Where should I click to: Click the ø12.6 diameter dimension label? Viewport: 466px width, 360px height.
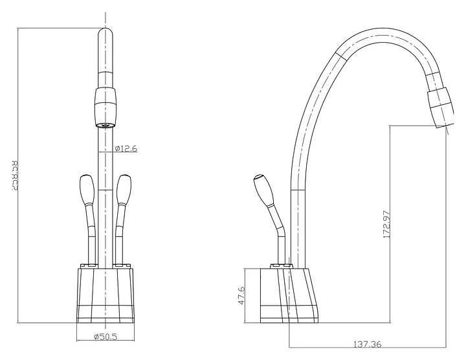click(126, 148)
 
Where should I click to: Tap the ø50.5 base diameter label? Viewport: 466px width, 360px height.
click(105, 336)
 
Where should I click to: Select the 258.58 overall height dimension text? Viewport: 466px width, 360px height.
click(15, 176)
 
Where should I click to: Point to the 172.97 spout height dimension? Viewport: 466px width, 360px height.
click(386, 224)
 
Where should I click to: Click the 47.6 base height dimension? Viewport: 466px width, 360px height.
click(241, 295)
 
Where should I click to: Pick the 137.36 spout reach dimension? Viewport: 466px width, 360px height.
click(368, 344)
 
